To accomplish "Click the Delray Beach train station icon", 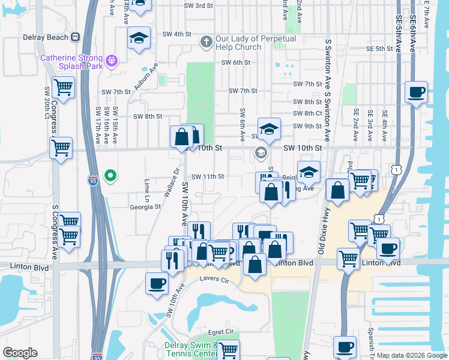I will click(75, 37).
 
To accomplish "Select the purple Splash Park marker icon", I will click(112, 60).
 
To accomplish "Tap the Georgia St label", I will click(145, 206).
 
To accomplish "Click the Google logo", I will click(20, 353).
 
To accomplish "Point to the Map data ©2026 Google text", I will click(412, 355).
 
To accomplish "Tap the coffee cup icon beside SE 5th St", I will click(416, 92).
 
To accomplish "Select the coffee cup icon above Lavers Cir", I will click(157, 283).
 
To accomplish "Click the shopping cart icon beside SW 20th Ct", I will click(62, 88).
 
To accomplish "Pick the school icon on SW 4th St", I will click(139, 38).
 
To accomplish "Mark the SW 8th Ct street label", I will click(307, 113).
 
